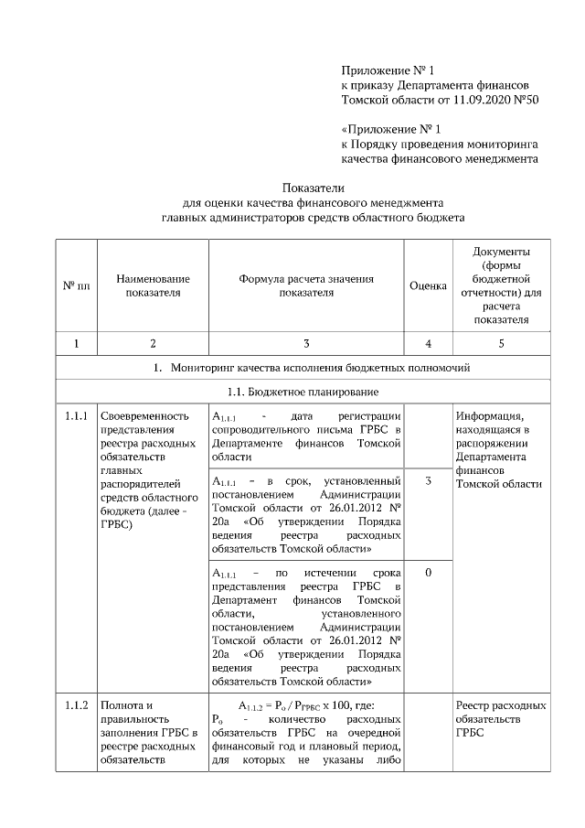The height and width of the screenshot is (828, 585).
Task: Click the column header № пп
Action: click(76, 285)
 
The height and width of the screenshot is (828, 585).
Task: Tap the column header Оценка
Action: click(428, 285)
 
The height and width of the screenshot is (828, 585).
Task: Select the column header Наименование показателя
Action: click(153, 285)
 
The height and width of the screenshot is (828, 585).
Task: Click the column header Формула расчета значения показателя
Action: click(306, 285)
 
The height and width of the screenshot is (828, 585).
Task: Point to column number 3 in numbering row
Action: click(306, 343)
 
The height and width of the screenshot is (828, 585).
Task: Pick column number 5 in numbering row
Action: click(501, 343)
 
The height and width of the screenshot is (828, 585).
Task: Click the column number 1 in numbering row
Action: click(76, 343)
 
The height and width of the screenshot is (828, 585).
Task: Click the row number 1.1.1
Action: click(76, 416)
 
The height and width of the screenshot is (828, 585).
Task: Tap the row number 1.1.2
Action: click(76, 705)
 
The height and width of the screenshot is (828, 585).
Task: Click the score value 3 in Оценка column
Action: click(428, 480)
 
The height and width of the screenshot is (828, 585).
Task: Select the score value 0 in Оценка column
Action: click(428, 572)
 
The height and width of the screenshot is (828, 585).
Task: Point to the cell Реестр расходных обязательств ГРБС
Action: click(501, 719)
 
